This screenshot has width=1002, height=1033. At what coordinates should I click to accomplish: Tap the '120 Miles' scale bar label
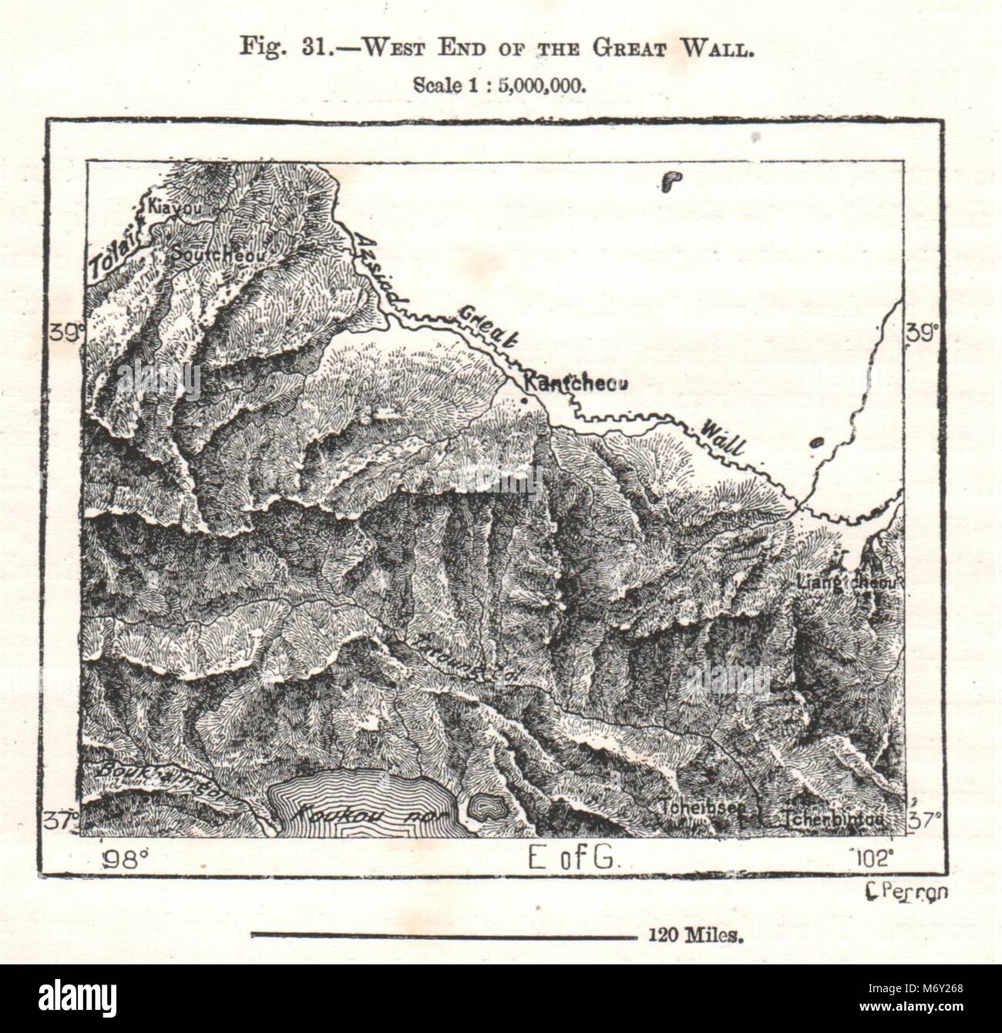[x=691, y=937]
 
